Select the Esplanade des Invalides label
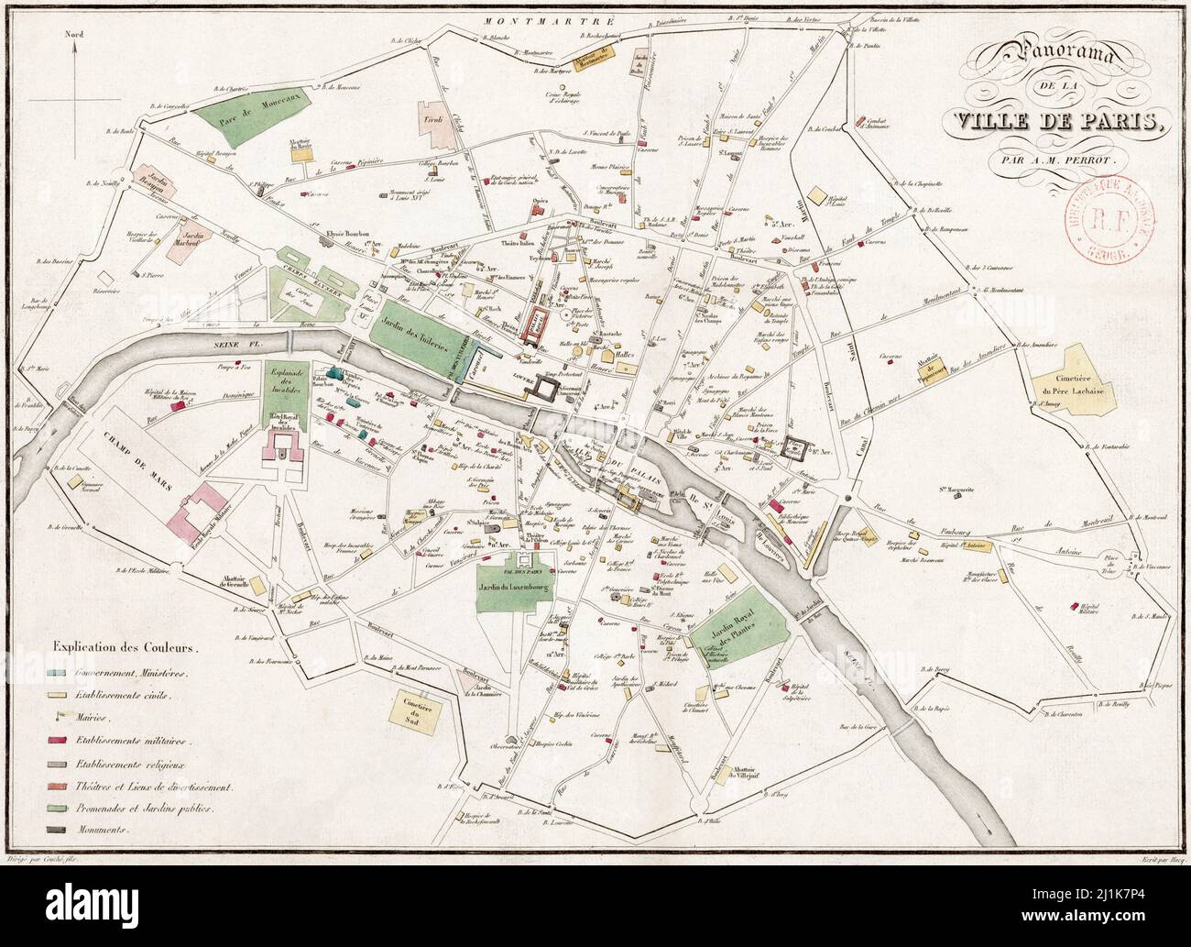(283, 384)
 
